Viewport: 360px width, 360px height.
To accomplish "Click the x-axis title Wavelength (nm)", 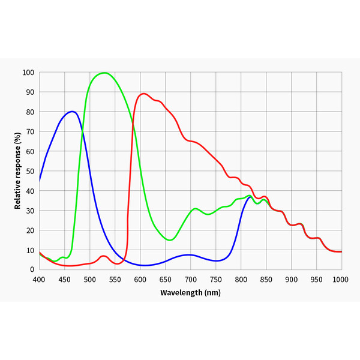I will [x=190, y=293].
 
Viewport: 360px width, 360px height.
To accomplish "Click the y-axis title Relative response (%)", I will [x=18, y=170].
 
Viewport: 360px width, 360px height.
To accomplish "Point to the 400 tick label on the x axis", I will [x=39, y=280].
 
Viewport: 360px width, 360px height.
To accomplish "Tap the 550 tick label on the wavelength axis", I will [x=115, y=280].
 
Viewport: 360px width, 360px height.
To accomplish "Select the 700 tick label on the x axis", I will [x=190, y=280].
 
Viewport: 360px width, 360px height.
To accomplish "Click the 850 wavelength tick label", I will [x=266, y=280].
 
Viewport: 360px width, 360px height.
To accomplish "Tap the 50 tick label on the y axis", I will [x=30, y=171].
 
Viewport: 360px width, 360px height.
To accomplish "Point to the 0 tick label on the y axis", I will [x=32, y=269].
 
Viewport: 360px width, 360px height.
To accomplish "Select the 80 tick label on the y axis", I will [x=30, y=112].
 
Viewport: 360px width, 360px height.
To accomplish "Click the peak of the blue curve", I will [x=73, y=112].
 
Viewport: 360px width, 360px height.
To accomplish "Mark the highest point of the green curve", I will [x=104, y=73].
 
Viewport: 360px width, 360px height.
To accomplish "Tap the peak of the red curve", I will [x=143, y=94].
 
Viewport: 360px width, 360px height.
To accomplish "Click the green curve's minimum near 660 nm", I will [x=170, y=240].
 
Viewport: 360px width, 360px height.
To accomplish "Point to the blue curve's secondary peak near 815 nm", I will [x=250, y=197].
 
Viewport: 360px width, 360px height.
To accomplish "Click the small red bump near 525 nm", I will [x=103, y=256].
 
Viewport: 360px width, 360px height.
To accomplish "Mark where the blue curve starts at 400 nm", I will [x=40, y=181].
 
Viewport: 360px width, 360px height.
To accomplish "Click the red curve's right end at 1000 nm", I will [x=341, y=251].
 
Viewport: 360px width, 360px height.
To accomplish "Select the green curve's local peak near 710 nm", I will [x=196, y=209].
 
